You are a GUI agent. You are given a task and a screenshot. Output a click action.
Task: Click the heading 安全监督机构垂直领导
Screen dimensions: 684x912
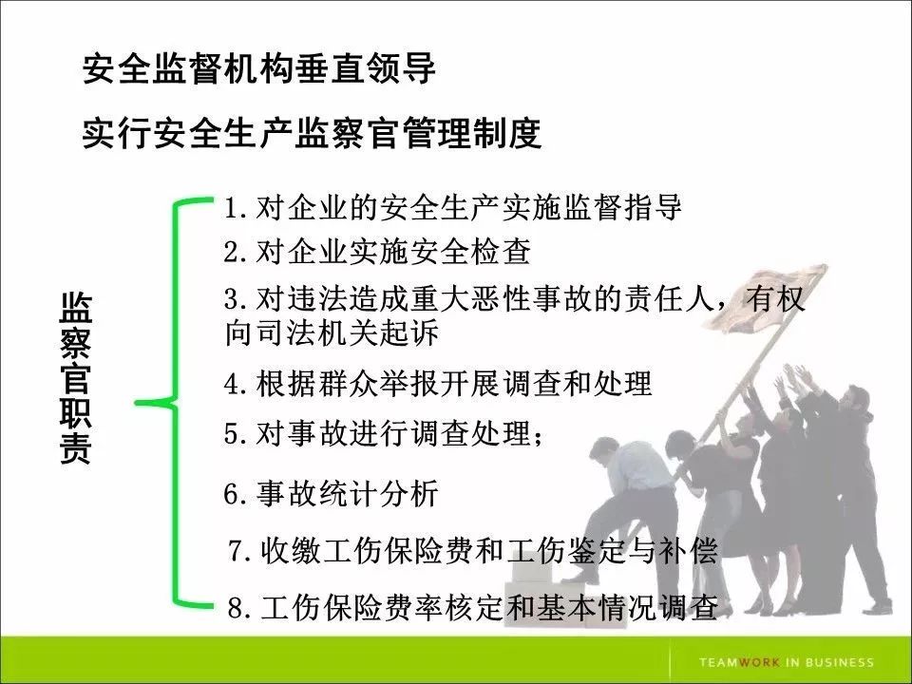point(258,68)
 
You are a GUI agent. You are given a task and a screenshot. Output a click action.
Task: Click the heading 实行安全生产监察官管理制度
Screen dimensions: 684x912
point(312,133)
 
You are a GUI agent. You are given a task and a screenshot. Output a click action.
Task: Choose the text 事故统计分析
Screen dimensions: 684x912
point(347,494)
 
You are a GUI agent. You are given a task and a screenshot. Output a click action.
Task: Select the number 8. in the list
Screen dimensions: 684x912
point(238,607)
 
